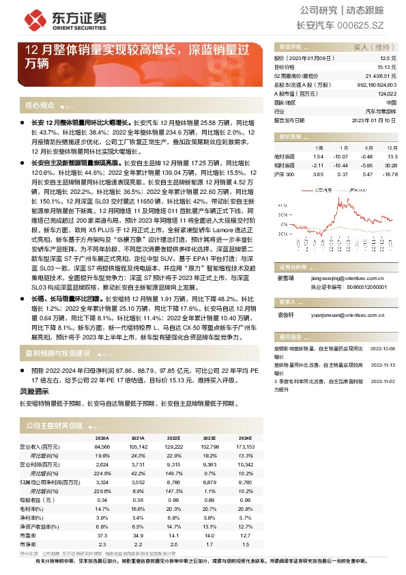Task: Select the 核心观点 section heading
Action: pos(40,105)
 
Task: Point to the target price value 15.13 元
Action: pos(386,68)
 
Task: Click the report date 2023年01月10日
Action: pos(373,119)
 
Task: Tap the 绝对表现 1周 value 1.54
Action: pos(317,156)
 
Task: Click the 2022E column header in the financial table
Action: pos(173,438)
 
